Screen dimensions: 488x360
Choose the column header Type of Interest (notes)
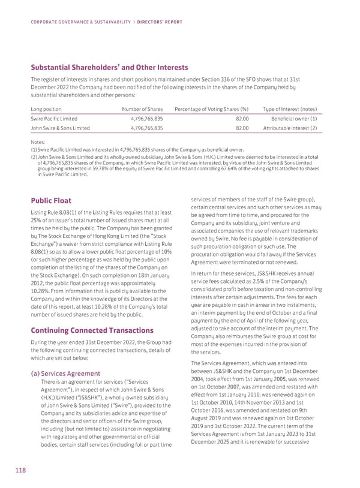[289, 109]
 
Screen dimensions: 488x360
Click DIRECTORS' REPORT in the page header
[156, 22]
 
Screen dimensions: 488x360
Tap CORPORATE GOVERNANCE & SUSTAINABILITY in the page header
[80, 22]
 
